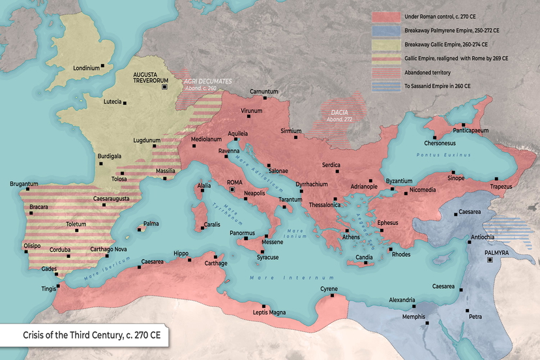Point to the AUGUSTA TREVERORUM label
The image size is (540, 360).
[x=149, y=78]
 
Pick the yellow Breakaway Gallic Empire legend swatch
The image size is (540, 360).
[x=385, y=45]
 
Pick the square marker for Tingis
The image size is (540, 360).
[x=58, y=285]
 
